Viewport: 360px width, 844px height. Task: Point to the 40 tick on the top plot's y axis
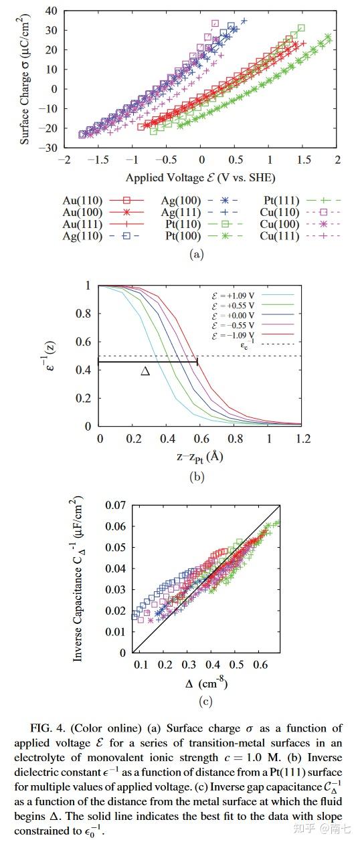pyautogui.click(x=51, y=11)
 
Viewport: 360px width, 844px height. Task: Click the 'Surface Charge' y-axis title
pyautogui.click(x=25, y=80)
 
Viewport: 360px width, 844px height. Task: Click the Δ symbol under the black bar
pyautogui.click(x=145, y=371)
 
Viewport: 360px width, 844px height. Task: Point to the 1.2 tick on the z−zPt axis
pyautogui.click(x=303, y=438)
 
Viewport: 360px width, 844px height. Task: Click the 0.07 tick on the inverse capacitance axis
pyautogui.click(x=114, y=506)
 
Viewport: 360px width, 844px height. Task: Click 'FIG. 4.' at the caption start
pyautogui.click(x=53, y=728)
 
